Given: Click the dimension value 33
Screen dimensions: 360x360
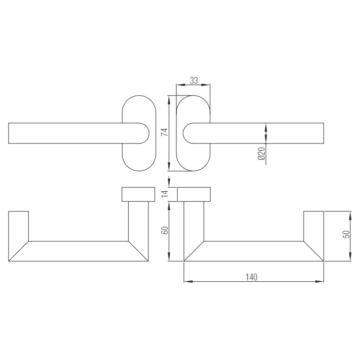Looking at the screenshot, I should pos(193,81).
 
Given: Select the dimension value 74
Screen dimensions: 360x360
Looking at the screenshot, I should pos(164,132).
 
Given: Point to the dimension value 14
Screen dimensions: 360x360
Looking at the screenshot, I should pos(165,194).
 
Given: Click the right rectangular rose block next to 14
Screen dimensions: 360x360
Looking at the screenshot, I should pos(194,194).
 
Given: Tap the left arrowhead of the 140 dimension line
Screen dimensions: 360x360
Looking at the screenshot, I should pos(187,282).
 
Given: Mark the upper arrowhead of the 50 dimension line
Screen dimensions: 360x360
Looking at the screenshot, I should pos(350,214).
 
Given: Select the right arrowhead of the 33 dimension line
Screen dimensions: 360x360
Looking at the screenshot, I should pos(207,85).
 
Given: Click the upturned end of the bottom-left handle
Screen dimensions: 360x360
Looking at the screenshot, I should pos(18,225).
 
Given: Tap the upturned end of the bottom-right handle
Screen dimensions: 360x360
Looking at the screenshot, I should pos(314,225).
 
